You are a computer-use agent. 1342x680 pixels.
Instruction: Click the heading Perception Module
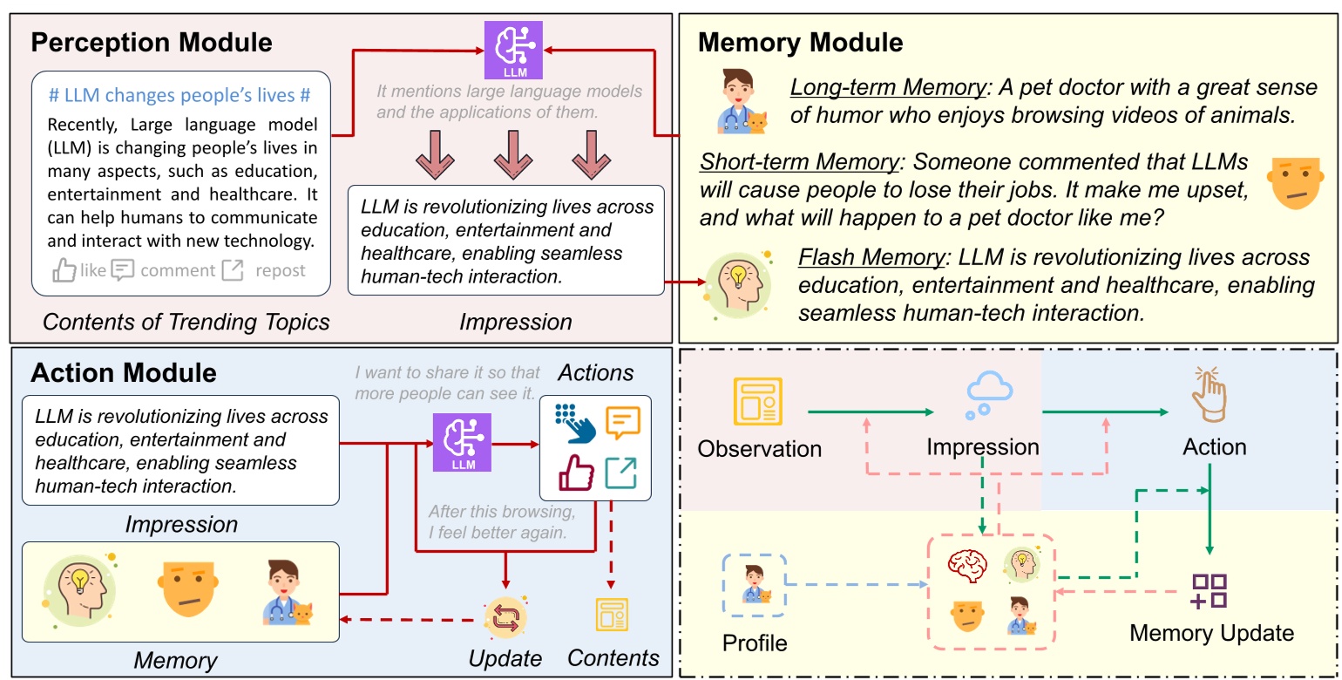[x=152, y=42]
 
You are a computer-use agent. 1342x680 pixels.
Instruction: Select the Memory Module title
[x=800, y=42]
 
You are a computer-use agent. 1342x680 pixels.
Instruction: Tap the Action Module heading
[x=124, y=373]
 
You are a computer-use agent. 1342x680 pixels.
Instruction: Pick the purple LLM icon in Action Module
[x=462, y=443]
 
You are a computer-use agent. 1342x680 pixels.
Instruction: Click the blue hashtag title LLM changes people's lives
[x=180, y=96]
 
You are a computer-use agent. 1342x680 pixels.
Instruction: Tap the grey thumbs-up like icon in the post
[x=64, y=270]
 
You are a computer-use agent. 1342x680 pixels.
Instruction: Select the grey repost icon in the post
[x=233, y=270]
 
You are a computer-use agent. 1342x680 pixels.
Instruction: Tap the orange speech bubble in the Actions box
[x=622, y=423]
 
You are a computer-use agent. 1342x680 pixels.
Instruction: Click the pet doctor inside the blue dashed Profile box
[x=755, y=584]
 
